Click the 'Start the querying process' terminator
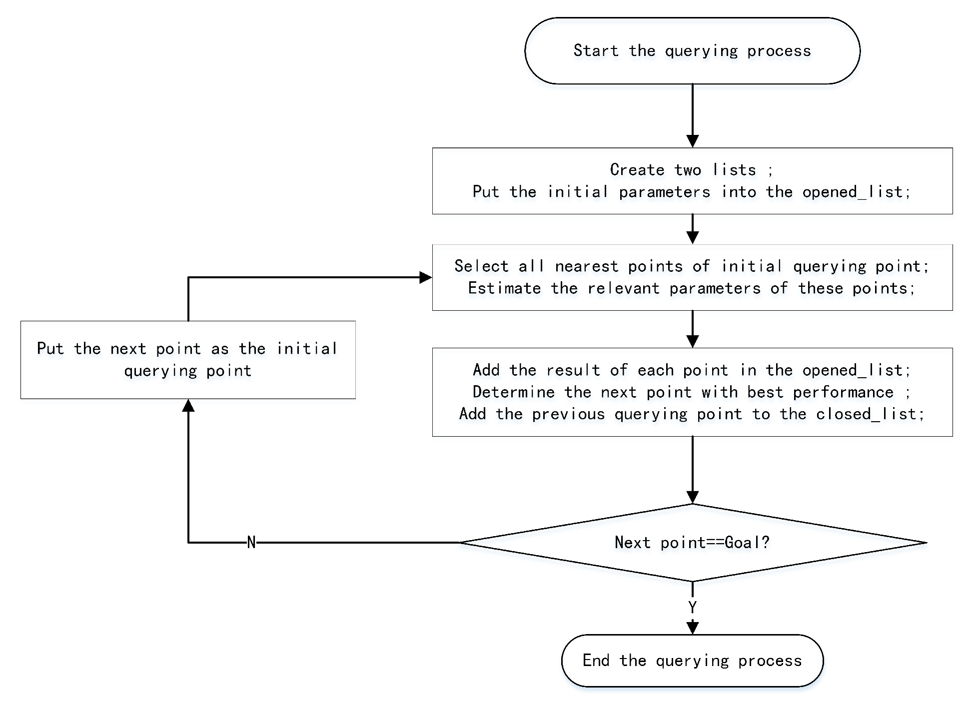[x=692, y=50]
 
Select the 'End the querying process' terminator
[x=692, y=661]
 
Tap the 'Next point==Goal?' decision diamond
[x=692, y=543]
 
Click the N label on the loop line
[x=251, y=543]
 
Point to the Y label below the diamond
[x=692, y=607]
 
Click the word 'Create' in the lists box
[x=637, y=170]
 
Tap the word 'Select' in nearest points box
[x=481, y=266]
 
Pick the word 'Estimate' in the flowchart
[x=504, y=288]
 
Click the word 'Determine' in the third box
[x=514, y=392]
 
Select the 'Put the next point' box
[x=188, y=360]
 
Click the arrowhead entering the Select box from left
[x=426, y=277]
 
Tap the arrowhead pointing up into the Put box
[x=188, y=405]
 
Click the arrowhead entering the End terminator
[x=692, y=628]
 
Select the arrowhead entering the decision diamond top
[x=692, y=498]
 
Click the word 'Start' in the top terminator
[x=596, y=50]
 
